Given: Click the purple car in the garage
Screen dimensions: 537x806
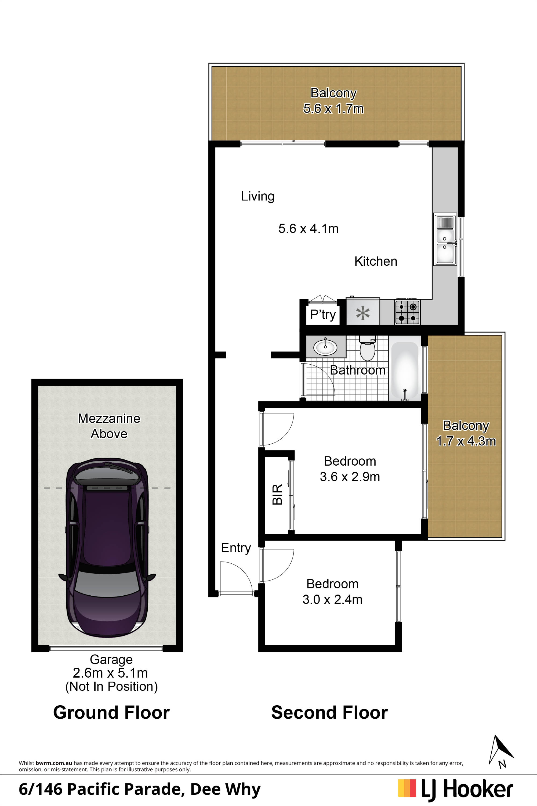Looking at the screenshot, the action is pyautogui.click(x=107, y=547).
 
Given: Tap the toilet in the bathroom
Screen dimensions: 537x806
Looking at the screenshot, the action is pyautogui.click(x=368, y=348).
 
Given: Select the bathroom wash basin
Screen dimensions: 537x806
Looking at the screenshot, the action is pyautogui.click(x=325, y=347).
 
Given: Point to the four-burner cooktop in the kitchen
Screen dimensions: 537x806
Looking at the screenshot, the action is pyautogui.click(x=408, y=312).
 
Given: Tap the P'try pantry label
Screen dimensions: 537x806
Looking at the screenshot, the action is pyautogui.click(x=323, y=315).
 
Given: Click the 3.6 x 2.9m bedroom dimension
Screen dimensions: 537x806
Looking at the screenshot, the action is pyautogui.click(x=350, y=477).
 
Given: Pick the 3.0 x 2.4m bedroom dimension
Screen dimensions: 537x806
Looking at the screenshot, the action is pyautogui.click(x=332, y=599).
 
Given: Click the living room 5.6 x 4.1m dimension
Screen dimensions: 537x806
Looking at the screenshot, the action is pyautogui.click(x=308, y=229).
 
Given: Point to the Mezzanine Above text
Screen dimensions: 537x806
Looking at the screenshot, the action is pyautogui.click(x=109, y=426).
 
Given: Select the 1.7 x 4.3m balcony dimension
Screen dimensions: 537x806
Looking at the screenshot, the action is pyautogui.click(x=466, y=441).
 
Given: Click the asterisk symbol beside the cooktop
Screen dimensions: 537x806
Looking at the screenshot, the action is pyautogui.click(x=363, y=313).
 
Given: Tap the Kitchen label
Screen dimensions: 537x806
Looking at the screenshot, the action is pyautogui.click(x=376, y=261).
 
